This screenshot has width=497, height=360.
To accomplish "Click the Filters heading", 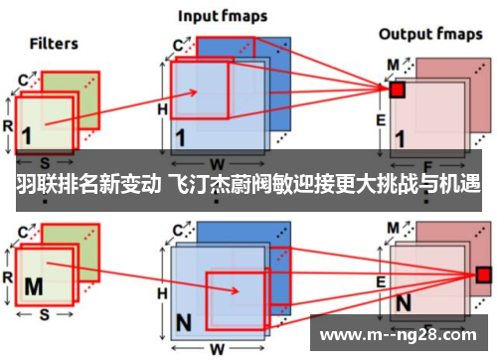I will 54,43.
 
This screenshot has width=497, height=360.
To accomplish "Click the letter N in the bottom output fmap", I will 404,301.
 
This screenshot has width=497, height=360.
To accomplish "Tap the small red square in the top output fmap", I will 397,90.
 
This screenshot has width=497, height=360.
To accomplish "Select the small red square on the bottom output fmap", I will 483,273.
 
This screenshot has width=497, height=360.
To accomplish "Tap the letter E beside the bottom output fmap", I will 381,282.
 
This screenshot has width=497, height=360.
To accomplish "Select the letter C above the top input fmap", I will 178,45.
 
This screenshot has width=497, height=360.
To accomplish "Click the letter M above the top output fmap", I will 392,64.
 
